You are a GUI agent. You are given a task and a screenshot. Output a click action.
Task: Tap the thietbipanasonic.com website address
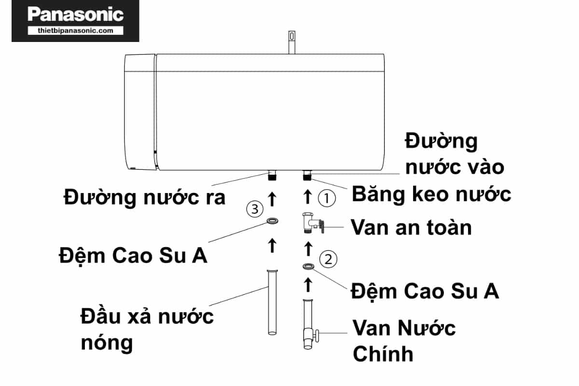[x=75, y=30]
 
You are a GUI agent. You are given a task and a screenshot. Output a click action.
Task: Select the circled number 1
[x=327, y=197]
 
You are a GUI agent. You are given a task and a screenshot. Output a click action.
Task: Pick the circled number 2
[x=329, y=260]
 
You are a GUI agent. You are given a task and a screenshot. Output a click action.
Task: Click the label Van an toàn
[x=411, y=227]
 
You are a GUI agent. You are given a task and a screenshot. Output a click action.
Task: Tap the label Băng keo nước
[x=431, y=194]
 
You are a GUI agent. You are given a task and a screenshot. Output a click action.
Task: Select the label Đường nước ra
[x=145, y=197]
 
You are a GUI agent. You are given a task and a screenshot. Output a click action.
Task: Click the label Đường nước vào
[x=454, y=154]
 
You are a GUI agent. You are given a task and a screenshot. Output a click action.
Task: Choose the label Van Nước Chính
[x=403, y=341]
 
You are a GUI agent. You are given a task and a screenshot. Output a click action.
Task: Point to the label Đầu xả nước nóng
[x=147, y=330]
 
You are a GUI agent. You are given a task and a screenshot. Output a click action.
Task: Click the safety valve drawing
[x=312, y=223]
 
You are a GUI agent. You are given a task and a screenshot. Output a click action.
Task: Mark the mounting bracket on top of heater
[x=291, y=41]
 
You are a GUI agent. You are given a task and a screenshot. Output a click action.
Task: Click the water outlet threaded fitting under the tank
[x=272, y=175]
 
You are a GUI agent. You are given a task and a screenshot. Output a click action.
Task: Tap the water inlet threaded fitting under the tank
[x=307, y=175]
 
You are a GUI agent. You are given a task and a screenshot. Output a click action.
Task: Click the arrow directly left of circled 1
[x=307, y=197]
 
